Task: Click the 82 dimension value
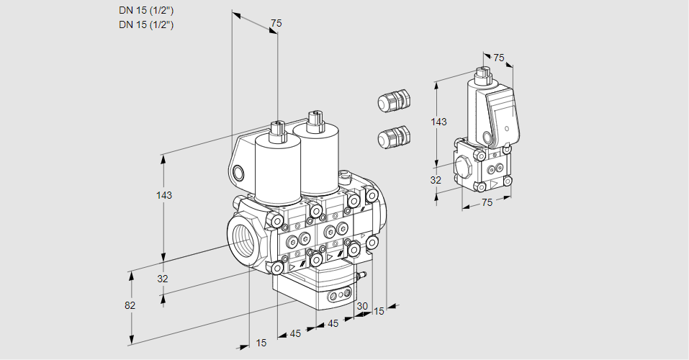[x=130, y=305]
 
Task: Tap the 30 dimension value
[x=361, y=306]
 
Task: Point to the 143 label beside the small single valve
[x=438, y=122]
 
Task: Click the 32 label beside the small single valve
[x=435, y=180]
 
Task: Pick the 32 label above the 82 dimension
[x=162, y=279]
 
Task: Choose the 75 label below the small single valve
[x=487, y=202]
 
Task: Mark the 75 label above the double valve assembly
[x=275, y=24]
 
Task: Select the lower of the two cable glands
[x=394, y=135]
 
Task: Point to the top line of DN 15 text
[x=147, y=11]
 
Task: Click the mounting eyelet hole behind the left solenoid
[x=238, y=172]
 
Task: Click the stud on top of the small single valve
[x=482, y=73]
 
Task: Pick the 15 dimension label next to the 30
[x=379, y=311]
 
